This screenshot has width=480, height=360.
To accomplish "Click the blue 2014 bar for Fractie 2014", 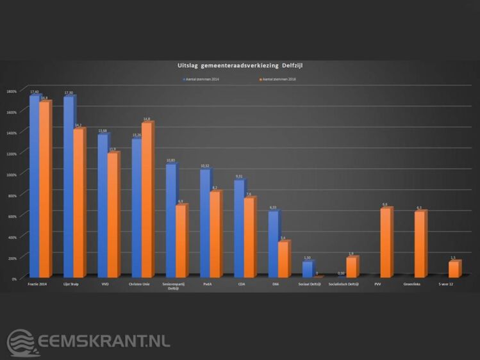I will [x=34, y=186].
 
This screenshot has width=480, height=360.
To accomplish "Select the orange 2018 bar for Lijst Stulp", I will [x=79, y=202].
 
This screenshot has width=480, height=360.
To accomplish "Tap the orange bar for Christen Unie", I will [x=147, y=199].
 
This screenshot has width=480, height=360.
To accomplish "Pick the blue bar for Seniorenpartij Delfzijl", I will [x=170, y=220].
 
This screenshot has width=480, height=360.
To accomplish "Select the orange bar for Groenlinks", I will [x=419, y=243].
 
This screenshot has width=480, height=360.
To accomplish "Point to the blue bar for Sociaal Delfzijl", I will [x=307, y=269].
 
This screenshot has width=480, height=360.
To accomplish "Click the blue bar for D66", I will [x=273, y=244].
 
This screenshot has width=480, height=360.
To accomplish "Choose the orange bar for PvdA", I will [x=215, y=234].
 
